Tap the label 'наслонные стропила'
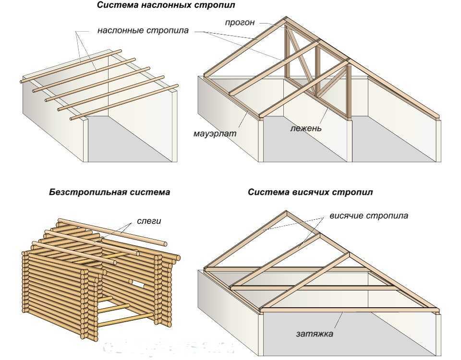click(x=143, y=31)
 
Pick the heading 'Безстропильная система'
click(x=109, y=192)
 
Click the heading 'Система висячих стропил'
click(x=310, y=192)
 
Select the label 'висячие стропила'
click(x=368, y=216)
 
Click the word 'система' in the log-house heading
click(x=149, y=192)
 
